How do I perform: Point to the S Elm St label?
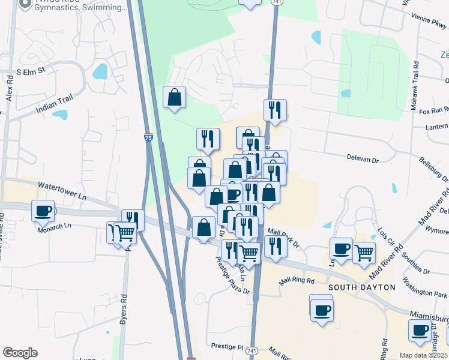pyautogui.click(x=31, y=71)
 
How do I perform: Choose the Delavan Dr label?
pyautogui.click(x=363, y=160)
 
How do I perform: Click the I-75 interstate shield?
pyautogui.click(x=148, y=137)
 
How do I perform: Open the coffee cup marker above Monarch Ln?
pyautogui.click(x=43, y=211)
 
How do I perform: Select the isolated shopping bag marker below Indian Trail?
pyautogui.click(x=174, y=97)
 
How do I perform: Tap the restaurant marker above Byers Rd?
pyautogui.click(x=133, y=220)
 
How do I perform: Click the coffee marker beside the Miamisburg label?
pyautogui.click(x=420, y=330)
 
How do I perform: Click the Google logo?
pyautogui.click(x=20, y=353)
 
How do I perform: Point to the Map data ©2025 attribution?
pyautogui.click(x=424, y=355)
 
